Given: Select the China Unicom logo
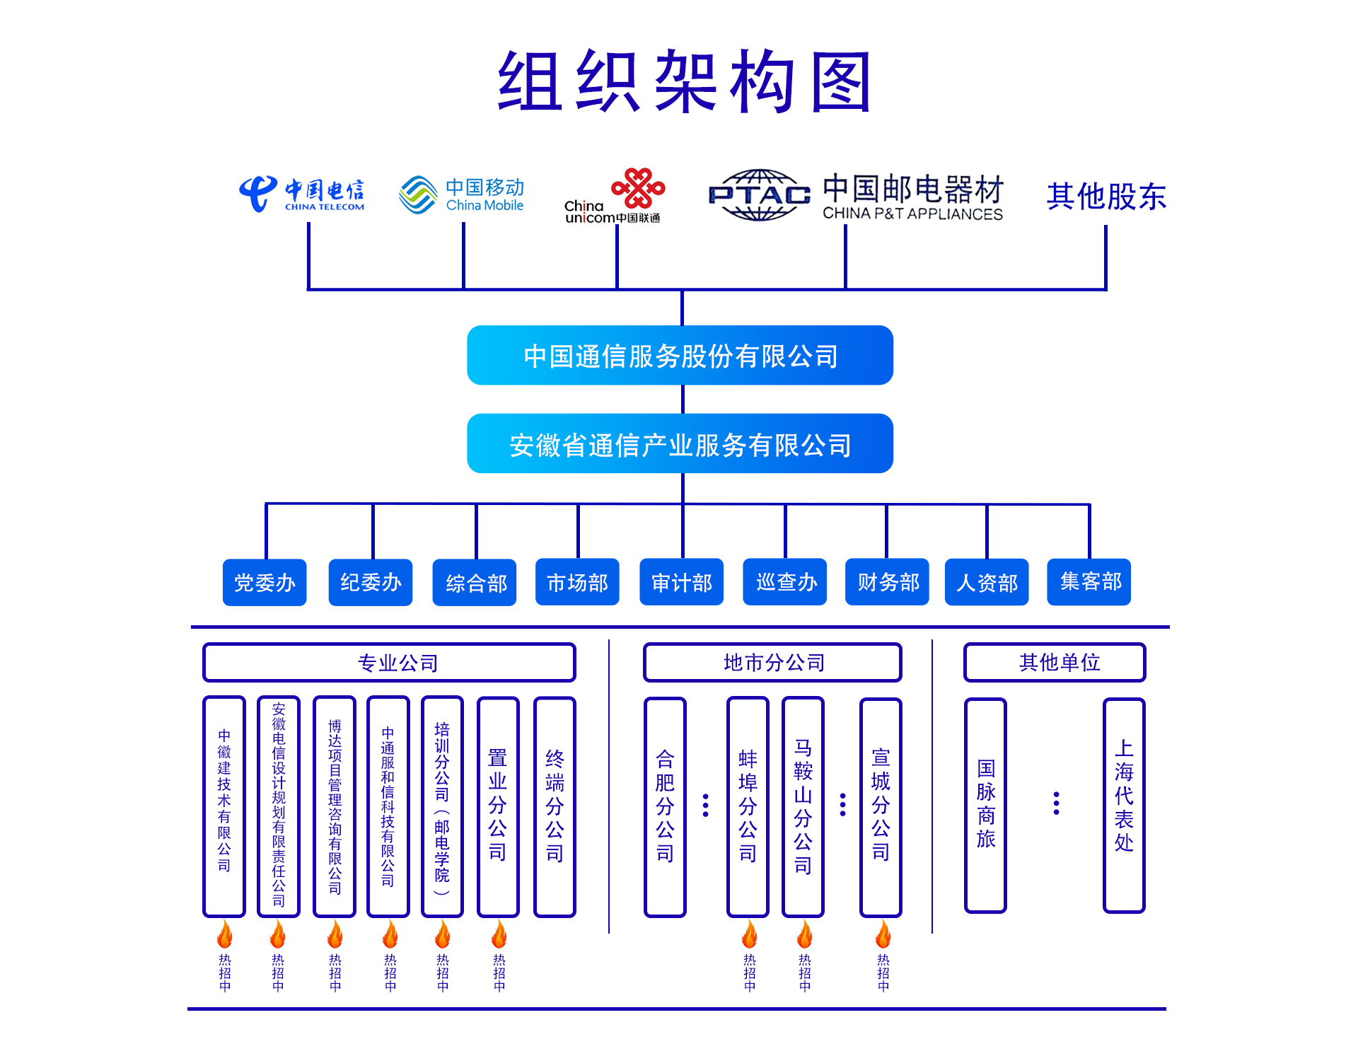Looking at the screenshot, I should [614, 197].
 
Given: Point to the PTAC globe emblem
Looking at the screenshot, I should [759, 195].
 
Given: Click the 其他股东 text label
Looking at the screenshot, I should [1106, 197].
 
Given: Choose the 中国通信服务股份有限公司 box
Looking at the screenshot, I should [680, 356].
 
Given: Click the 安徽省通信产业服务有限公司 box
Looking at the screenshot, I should [680, 444].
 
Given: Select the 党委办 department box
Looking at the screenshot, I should [265, 583].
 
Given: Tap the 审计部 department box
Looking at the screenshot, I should [681, 583].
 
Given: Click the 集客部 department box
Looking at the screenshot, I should [1089, 582].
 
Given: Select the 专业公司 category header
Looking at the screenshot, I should [390, 663].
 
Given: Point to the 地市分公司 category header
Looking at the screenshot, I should [772, 663].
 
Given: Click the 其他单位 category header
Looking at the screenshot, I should [1055, 663].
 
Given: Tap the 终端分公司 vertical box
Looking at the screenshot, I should [555, 807].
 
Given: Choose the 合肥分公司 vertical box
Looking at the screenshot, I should [665, 807].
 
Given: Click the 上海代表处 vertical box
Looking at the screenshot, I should [1124, 806].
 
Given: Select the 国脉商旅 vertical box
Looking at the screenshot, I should [985, 806].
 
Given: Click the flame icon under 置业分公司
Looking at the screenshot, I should [499, 934].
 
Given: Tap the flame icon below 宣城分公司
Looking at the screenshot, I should [883, 934].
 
